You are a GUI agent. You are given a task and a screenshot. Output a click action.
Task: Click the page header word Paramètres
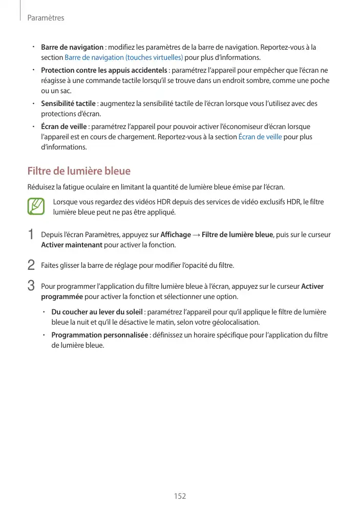[x=46, y=18]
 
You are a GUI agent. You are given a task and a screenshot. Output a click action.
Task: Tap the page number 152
[x=180, y=496]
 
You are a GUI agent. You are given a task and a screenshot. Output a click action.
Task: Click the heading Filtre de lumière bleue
[x=79, y=171]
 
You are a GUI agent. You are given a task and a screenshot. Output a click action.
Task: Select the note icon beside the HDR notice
[x=37, y=207]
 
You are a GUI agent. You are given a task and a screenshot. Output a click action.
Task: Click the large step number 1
[x=31, y=235]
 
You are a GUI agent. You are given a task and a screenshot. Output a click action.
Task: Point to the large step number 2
[x=31, y=265]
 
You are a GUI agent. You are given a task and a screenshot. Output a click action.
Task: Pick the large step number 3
[x=31, y=285]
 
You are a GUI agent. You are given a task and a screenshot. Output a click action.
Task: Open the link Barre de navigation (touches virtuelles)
[x=124, y=57]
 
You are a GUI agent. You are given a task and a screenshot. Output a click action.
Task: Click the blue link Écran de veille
[x=260, y=137]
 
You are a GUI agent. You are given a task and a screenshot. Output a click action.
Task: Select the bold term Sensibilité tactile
[x=68, y=103]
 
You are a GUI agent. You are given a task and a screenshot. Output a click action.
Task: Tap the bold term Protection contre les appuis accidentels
[x=104, y=70]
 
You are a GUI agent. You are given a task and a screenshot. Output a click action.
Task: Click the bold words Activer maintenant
[x=72, y=245]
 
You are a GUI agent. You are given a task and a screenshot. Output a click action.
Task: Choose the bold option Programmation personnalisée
[x=100, y=335]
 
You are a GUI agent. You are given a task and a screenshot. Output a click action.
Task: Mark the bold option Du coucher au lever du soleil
[x=97, y=312]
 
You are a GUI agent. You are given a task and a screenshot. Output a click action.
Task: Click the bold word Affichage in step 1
[x=175, y=235]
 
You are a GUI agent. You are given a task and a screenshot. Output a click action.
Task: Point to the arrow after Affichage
[x=196, y=235]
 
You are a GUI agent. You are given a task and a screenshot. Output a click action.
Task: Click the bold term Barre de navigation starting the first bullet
[x=72, y=47]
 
